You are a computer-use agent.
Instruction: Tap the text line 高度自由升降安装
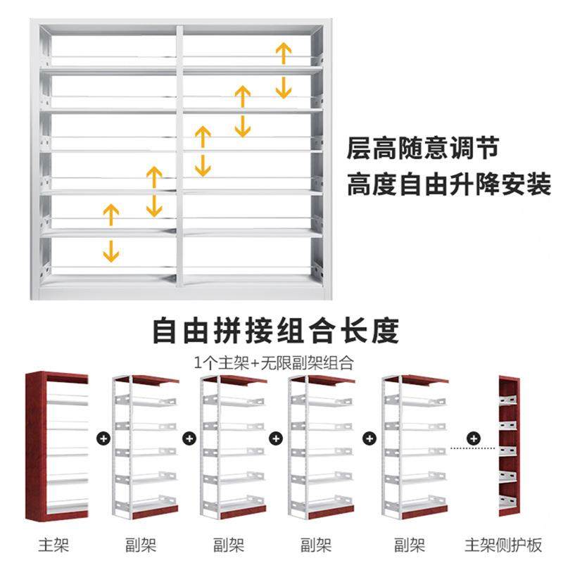[x=448, y=186]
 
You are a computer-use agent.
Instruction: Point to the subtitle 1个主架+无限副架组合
[x=274, y=363]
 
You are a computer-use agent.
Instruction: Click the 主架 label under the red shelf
[x=56, y=544]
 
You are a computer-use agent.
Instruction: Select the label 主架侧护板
[x=503, y=544]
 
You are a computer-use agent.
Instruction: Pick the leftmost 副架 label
[x=141, y=544]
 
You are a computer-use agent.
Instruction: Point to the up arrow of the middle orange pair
[x=203, y=136]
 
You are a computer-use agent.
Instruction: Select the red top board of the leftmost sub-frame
[x=154, y=380]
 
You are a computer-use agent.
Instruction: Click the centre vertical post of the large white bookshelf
[x=179, y=155]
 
